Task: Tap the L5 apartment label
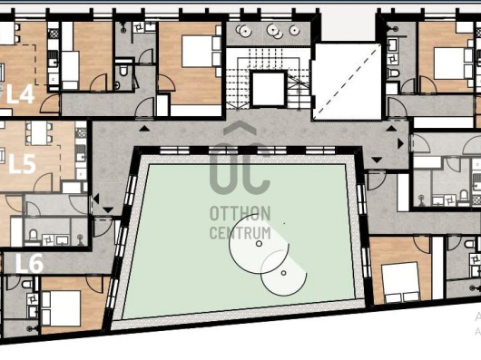(22, 164)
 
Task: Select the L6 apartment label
(29, 264)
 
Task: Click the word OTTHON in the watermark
(240, 213)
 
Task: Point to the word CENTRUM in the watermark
(240, 232)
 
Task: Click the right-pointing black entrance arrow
(400, 143)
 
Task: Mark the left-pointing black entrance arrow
(96, 199)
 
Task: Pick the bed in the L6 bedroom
(62, 308)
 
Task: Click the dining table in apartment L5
(39, 132)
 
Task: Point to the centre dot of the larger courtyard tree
(259, 244)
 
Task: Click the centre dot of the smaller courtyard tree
(283, 273)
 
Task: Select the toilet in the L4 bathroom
(123, 71)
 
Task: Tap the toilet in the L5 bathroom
(34, 236)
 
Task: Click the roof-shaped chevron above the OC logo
(240, 127)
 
